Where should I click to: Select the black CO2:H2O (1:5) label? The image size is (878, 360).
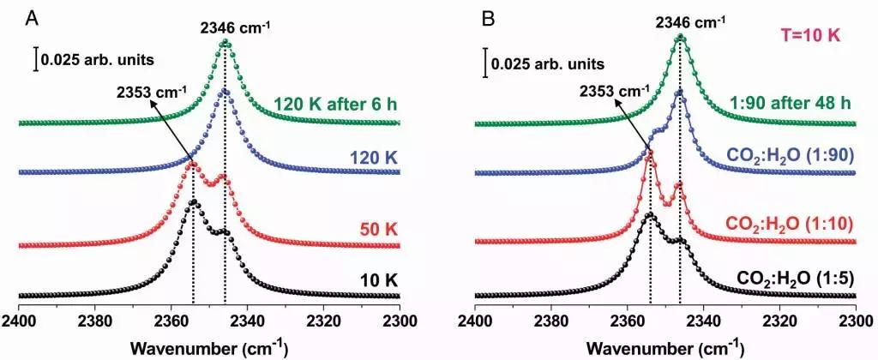click(793, 279)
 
